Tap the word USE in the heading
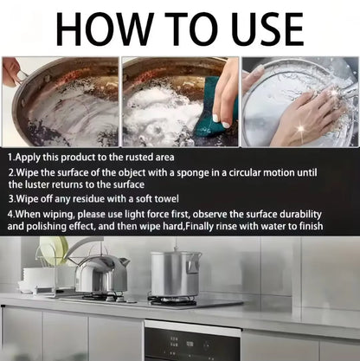click(x=267, y=29)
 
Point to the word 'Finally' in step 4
click(x=199, y=226)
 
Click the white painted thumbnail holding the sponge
click(x=216, y=118)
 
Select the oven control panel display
click(x=190, y=344)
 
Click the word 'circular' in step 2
click(x=243, y=172)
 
